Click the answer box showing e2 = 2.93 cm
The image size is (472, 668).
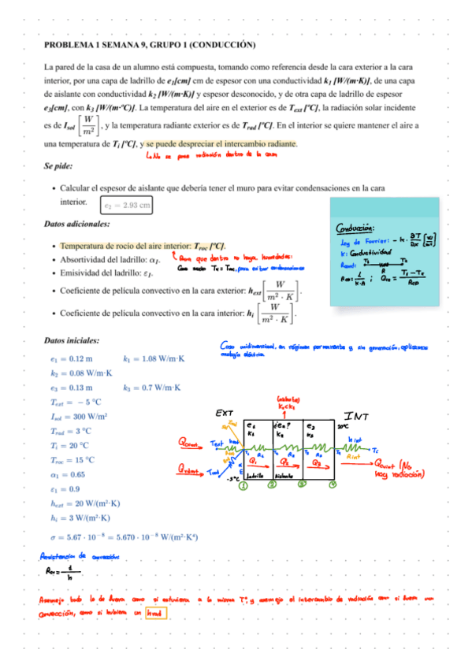tap(127, 206)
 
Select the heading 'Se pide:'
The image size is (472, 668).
tap(61, 166)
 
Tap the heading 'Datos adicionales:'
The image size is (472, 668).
tap(78, 225)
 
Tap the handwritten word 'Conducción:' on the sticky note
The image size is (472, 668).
tap(356, 229)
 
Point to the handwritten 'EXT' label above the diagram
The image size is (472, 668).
tap(224, 413)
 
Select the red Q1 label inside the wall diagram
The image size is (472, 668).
tap(254, 462)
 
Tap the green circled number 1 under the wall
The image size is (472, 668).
tap(243, 485)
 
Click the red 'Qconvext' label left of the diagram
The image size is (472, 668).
tap(192, 442)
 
